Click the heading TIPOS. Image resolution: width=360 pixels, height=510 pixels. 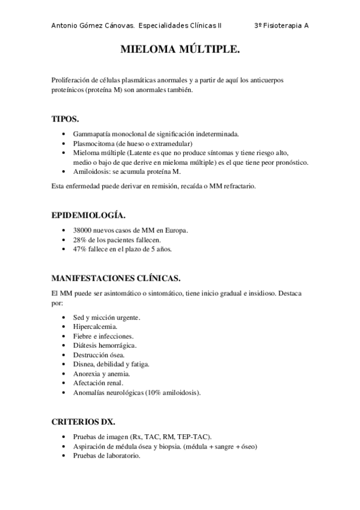[x=66, y=119]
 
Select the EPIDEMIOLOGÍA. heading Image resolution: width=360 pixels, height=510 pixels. [x=88, y=215]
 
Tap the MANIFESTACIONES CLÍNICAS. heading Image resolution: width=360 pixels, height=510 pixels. [x=116, y=278]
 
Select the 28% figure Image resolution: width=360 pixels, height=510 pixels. [x=81, y=240]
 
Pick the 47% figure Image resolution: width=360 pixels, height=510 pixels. [x=81, y=249]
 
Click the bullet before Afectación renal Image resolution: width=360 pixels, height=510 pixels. [x=64, y=383]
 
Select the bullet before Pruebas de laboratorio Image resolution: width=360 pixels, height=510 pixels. [x=64, y=456]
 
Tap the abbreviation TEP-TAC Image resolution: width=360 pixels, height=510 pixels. [x=194, y=437]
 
